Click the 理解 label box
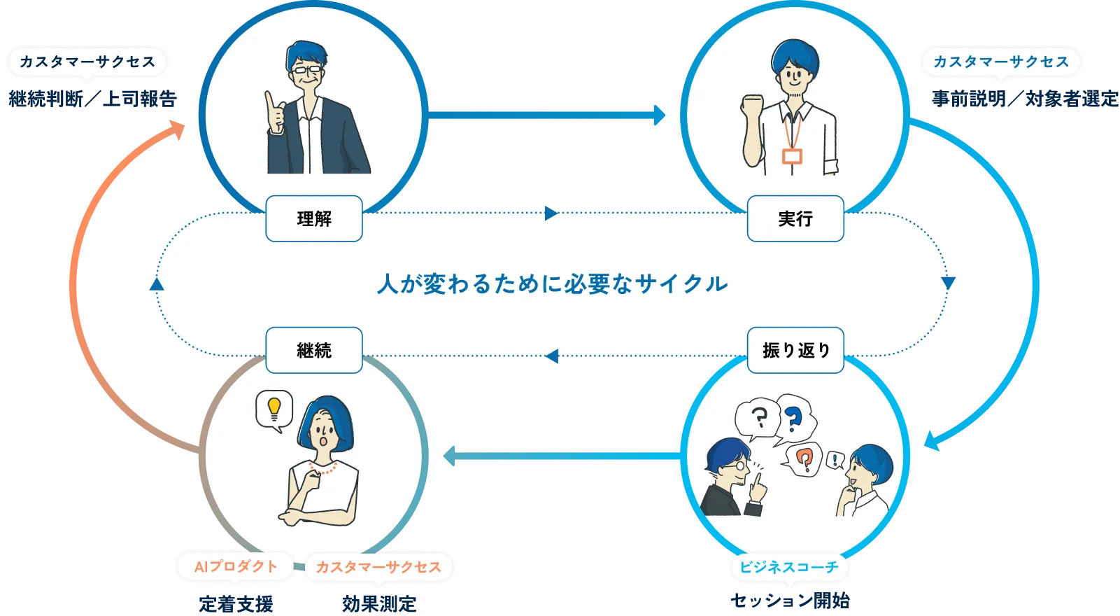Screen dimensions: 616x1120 tap(314, 218)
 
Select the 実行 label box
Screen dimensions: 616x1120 tap(795, 218)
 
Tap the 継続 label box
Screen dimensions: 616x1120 tap(314, 350)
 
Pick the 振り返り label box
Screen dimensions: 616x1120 tap(795, 350)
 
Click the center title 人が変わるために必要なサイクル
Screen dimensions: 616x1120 tap(553, 284)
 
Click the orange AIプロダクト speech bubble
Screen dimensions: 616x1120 tap(235, 566)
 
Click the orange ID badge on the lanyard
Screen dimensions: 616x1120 tap(792, 155)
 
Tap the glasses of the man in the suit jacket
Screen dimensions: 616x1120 tap(309, 69)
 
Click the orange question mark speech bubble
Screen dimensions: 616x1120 tap(804, 458)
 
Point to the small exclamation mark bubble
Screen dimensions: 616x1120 tap(835, 460)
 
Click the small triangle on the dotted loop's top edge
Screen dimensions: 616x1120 tap(551, 213)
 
